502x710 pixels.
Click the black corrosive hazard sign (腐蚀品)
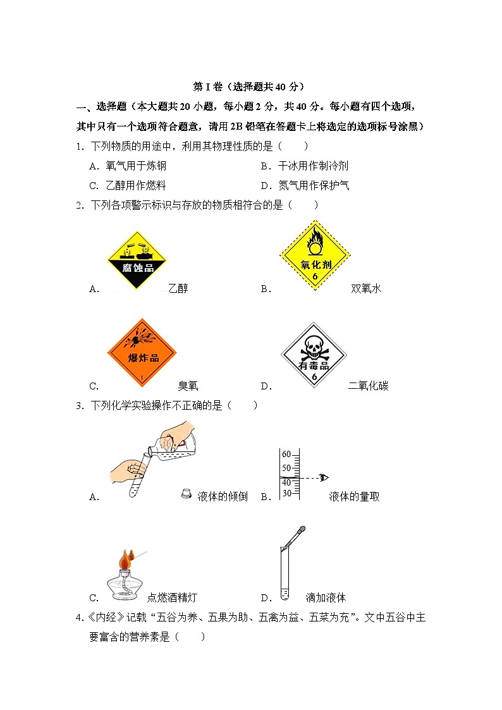(137, 259)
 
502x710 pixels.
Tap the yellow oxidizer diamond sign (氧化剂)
(315, 255)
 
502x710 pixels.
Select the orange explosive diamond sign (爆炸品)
(142, 352)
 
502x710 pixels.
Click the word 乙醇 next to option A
(178, 289)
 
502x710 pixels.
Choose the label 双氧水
(366, 289)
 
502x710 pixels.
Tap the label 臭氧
(188, 386)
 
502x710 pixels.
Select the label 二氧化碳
(368, 386)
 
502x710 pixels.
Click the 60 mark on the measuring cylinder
(286, 455)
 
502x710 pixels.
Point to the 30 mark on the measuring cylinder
(286, 493)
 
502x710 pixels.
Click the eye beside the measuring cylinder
(324, 477)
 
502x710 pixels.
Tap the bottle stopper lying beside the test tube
(187, 494)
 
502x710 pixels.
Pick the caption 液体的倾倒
(223, 497)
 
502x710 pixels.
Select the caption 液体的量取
(354, 497)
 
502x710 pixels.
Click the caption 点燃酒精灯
(176, 597)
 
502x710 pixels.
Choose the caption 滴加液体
(326, 597)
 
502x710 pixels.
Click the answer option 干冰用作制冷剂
(313, 166)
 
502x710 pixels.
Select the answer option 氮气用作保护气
(314, 186)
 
